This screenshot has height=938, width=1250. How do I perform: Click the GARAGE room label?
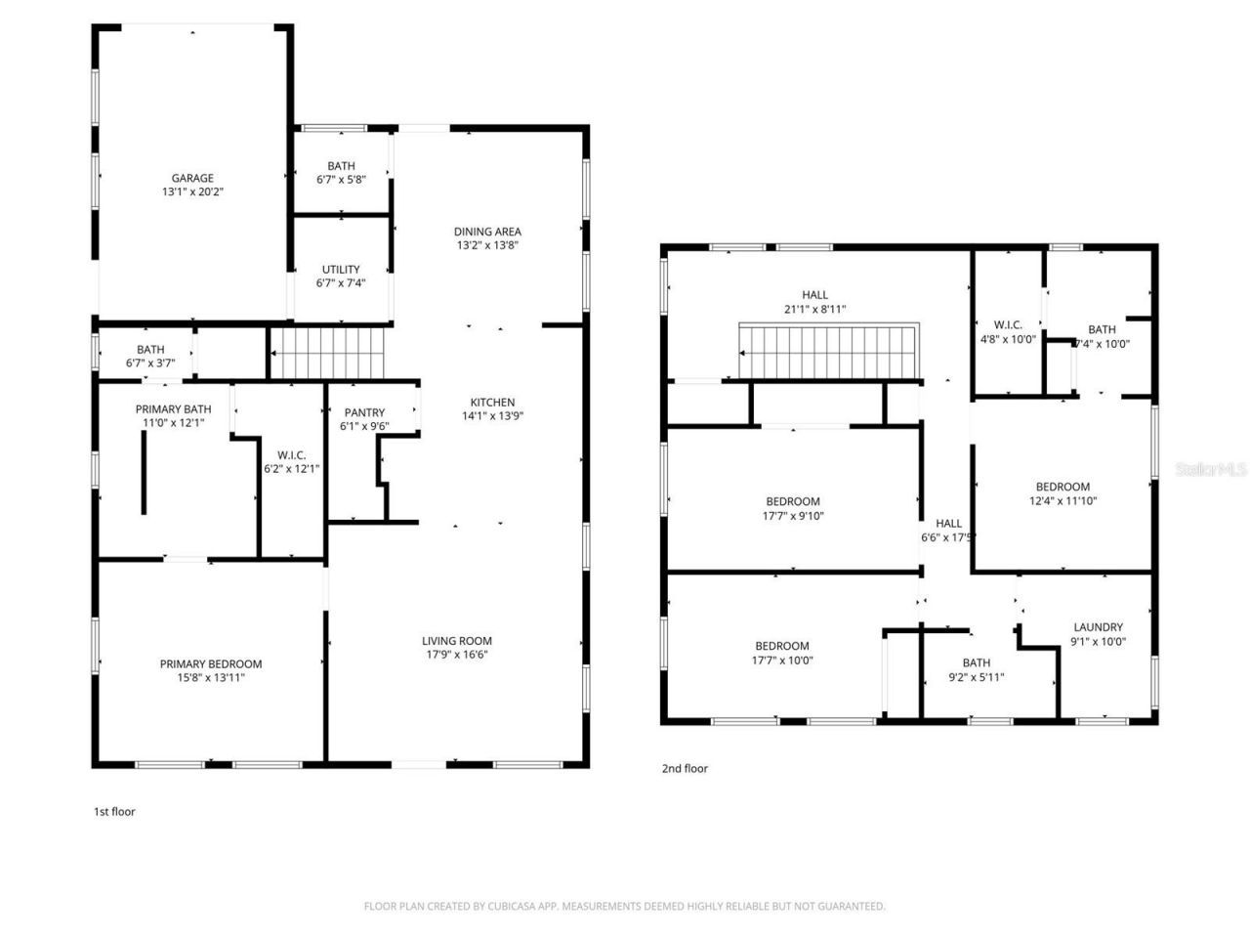(192, 178)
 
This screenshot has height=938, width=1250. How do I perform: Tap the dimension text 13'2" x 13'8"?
(487, 245)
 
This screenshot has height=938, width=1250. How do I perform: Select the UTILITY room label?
(341, 270)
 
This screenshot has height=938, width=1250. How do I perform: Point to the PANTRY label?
(364, 412)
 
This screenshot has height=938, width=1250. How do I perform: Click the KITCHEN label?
(492, 402)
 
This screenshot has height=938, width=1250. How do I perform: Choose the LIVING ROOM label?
(457, 641)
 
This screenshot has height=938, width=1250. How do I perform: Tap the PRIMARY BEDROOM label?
(211, 663)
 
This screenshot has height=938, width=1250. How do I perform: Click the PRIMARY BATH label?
(173, 409)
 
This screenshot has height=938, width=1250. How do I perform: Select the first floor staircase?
(328, 353)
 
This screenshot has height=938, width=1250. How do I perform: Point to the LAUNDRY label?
(1098, 627)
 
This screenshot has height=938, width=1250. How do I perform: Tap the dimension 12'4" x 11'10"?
(1062, 501)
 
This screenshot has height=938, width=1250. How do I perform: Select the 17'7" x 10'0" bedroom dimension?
(781, 660)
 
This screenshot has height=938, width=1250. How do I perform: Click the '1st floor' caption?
(114, 811)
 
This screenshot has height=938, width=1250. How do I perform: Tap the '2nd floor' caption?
(685, 768)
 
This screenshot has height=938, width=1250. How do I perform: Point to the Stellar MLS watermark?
(1211, 469)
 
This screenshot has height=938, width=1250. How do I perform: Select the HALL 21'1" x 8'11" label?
(814, 302)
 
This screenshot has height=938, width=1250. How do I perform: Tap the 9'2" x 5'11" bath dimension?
(976, 677)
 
